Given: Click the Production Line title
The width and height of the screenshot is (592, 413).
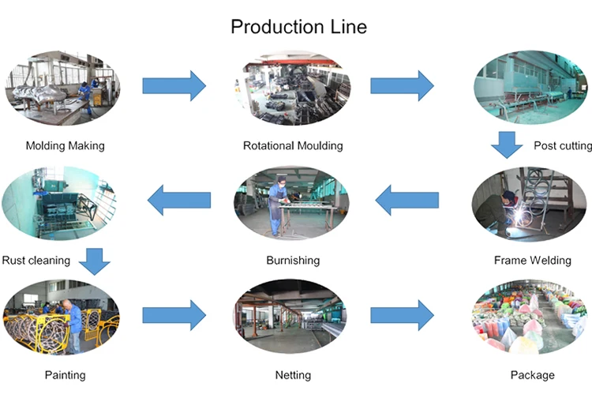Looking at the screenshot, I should click(298, 26).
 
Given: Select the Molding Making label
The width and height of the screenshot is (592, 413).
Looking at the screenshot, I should click(65, 145).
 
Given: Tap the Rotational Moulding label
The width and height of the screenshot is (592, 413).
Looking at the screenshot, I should click(293, 145).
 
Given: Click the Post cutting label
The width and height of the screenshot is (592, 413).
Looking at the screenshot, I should click(562, 145).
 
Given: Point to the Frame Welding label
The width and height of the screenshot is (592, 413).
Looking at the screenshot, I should click(532, 260).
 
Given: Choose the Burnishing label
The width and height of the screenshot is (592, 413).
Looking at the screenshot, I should click(293, 260).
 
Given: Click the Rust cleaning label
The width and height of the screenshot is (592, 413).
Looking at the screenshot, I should click(36, 260).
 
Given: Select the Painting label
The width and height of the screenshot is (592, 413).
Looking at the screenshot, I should click(65, 374).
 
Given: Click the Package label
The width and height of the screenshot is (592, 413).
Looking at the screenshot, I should click(533, 374).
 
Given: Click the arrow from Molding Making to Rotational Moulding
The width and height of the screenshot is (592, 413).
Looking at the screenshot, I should click(174, 85).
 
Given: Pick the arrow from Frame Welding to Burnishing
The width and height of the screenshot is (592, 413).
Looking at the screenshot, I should click(407, 201).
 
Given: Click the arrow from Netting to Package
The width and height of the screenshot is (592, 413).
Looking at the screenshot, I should click(402, 315).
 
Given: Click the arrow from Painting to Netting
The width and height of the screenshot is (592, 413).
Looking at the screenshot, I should click(174, 315).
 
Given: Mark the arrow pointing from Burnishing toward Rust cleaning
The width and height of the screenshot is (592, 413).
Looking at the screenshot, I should click(179, 201).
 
